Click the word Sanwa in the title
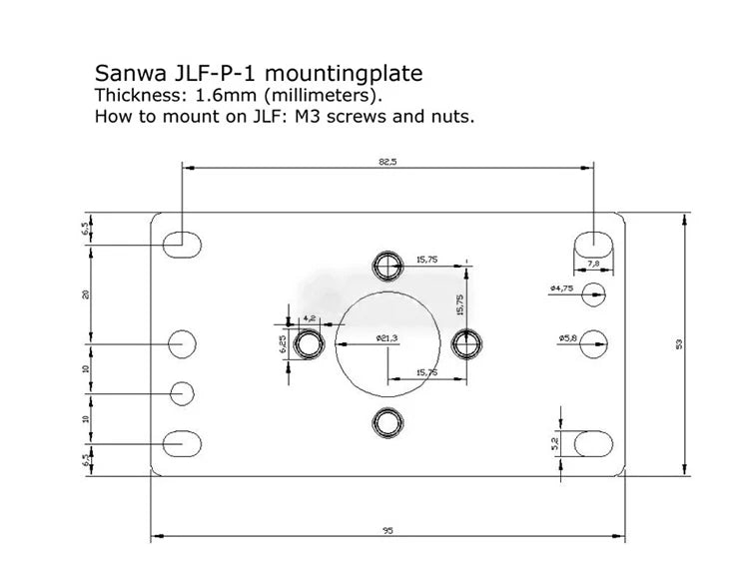[x=127, y=73]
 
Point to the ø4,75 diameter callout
[x=562, y=288]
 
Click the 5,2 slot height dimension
[x=556, y=440]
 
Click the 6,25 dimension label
[x=282, y=344]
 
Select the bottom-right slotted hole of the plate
[x=593, y=442]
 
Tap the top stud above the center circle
[x=388, y=264]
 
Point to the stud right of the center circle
[x=465, y=342]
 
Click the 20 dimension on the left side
[x=87, y=293]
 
